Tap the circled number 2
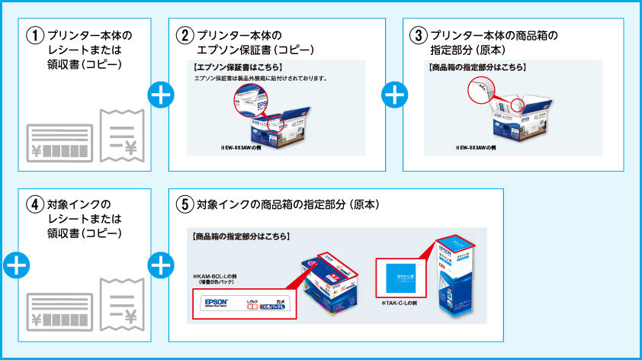[185, 36]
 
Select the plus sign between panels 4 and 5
[161, 265]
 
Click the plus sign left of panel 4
[15, 265]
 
